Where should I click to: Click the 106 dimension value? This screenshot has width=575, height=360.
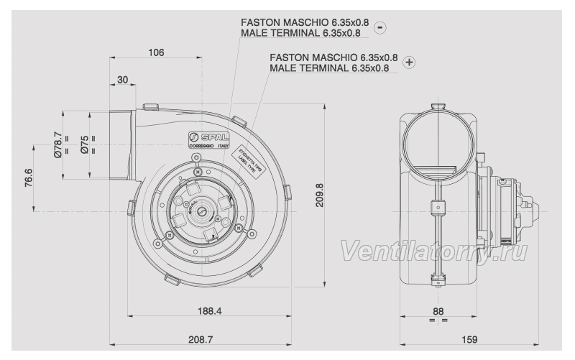pos(156,52)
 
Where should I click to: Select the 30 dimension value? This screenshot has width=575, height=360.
pos(122,80)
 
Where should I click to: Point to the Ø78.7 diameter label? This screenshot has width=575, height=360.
pos(58,144)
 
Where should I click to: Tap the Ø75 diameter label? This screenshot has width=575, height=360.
pos(85,144)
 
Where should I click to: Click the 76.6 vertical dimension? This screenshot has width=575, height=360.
pos(29,177)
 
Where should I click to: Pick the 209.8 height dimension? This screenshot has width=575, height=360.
pos(320,195)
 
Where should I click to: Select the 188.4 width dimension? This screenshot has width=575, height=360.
pos(210,311)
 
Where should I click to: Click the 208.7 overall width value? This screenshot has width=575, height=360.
pos(201,340)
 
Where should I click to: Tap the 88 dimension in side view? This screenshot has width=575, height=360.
pos(438,311)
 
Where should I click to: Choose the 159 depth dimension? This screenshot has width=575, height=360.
pos(469,340)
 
